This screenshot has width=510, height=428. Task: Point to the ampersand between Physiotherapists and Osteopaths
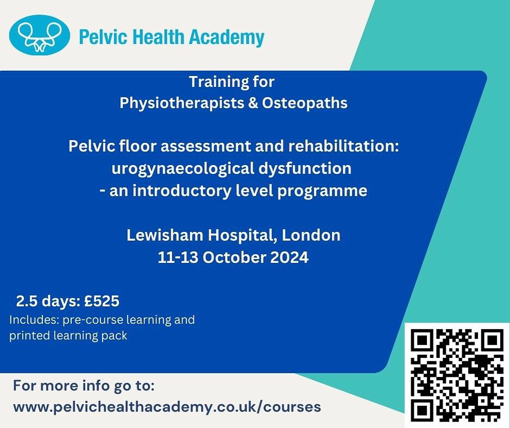(253, 103)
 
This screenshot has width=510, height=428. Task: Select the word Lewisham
(159, 236)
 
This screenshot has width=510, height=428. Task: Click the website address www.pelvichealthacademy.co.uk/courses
(167, 406)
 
